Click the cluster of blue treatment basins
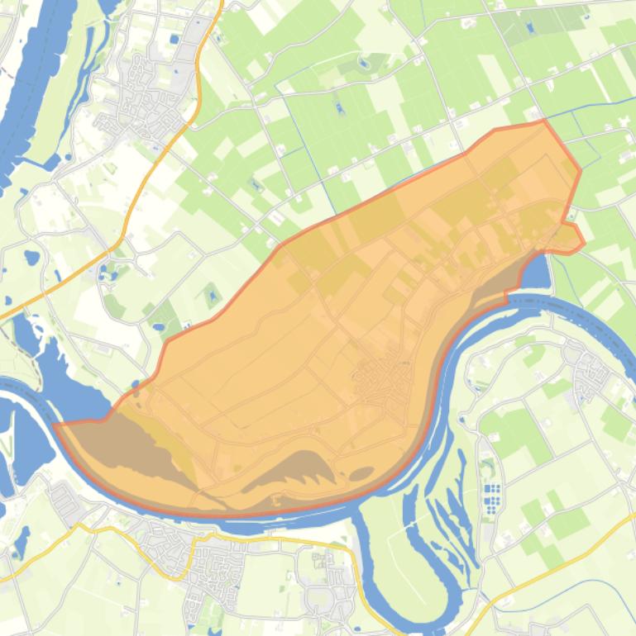(492, 498)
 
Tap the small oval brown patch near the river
(361, 474)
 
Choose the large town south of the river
(198, 562)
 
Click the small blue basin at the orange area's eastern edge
(535, 273)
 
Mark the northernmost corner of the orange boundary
(543, 121)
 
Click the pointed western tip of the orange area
(55, 425)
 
